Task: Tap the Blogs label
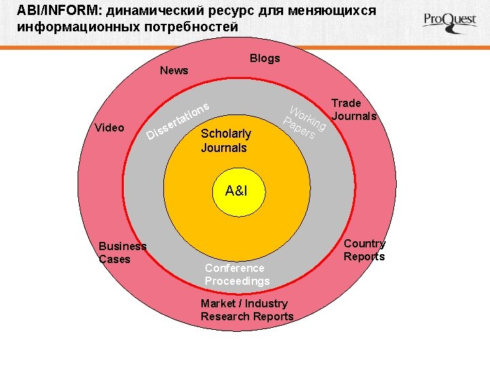(265, 59)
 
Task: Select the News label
(174, 71)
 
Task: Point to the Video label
(110, 128)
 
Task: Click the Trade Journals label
(353, 110)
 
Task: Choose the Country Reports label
(364, 250)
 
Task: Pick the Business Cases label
(122, 253)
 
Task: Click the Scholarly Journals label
(225, 140)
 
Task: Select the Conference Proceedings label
(237, 275)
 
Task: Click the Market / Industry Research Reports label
(247, 310)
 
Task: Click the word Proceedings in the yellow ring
(237, 281)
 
